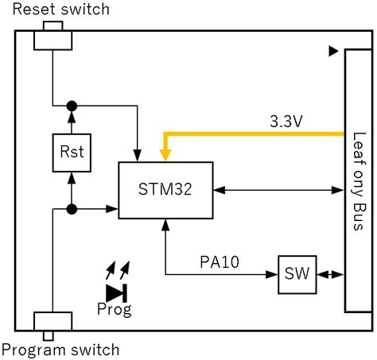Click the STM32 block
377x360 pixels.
[x=165, y=190]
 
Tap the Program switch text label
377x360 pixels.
[x=61, y=350]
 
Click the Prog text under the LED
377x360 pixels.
[x=115, y=308]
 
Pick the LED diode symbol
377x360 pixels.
[x=116, y=291]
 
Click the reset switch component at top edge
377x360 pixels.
[x=52, y=38]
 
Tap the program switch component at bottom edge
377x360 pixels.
[x=52, y=322]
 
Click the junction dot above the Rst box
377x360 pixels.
[x=72, y=105]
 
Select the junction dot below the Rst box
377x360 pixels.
[x=72, y=209]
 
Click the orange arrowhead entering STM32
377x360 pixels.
[x=165, y=155]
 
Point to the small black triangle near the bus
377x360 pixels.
[x=333, y=51]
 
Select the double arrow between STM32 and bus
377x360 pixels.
[x=278, y=190]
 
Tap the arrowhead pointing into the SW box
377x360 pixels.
[x=271, y=275]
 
